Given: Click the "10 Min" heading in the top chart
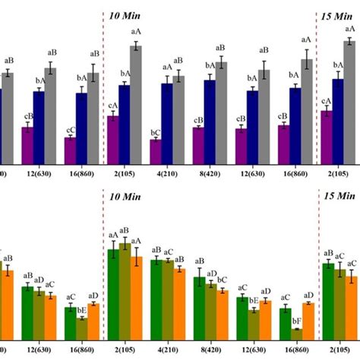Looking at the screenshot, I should click(x=125, y=15).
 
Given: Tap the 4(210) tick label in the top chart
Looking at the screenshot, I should click(x=167, y=173).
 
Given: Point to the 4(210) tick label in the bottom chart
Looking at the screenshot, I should click(x=167, y=353).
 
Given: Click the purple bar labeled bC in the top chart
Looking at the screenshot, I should click(x=155, y=150).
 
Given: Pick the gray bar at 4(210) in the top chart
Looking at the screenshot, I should click(x=178, y=118).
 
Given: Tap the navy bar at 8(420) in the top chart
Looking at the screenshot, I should click(x=210, y=122).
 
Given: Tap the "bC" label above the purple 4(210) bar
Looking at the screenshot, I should click(x=155, y=131).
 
